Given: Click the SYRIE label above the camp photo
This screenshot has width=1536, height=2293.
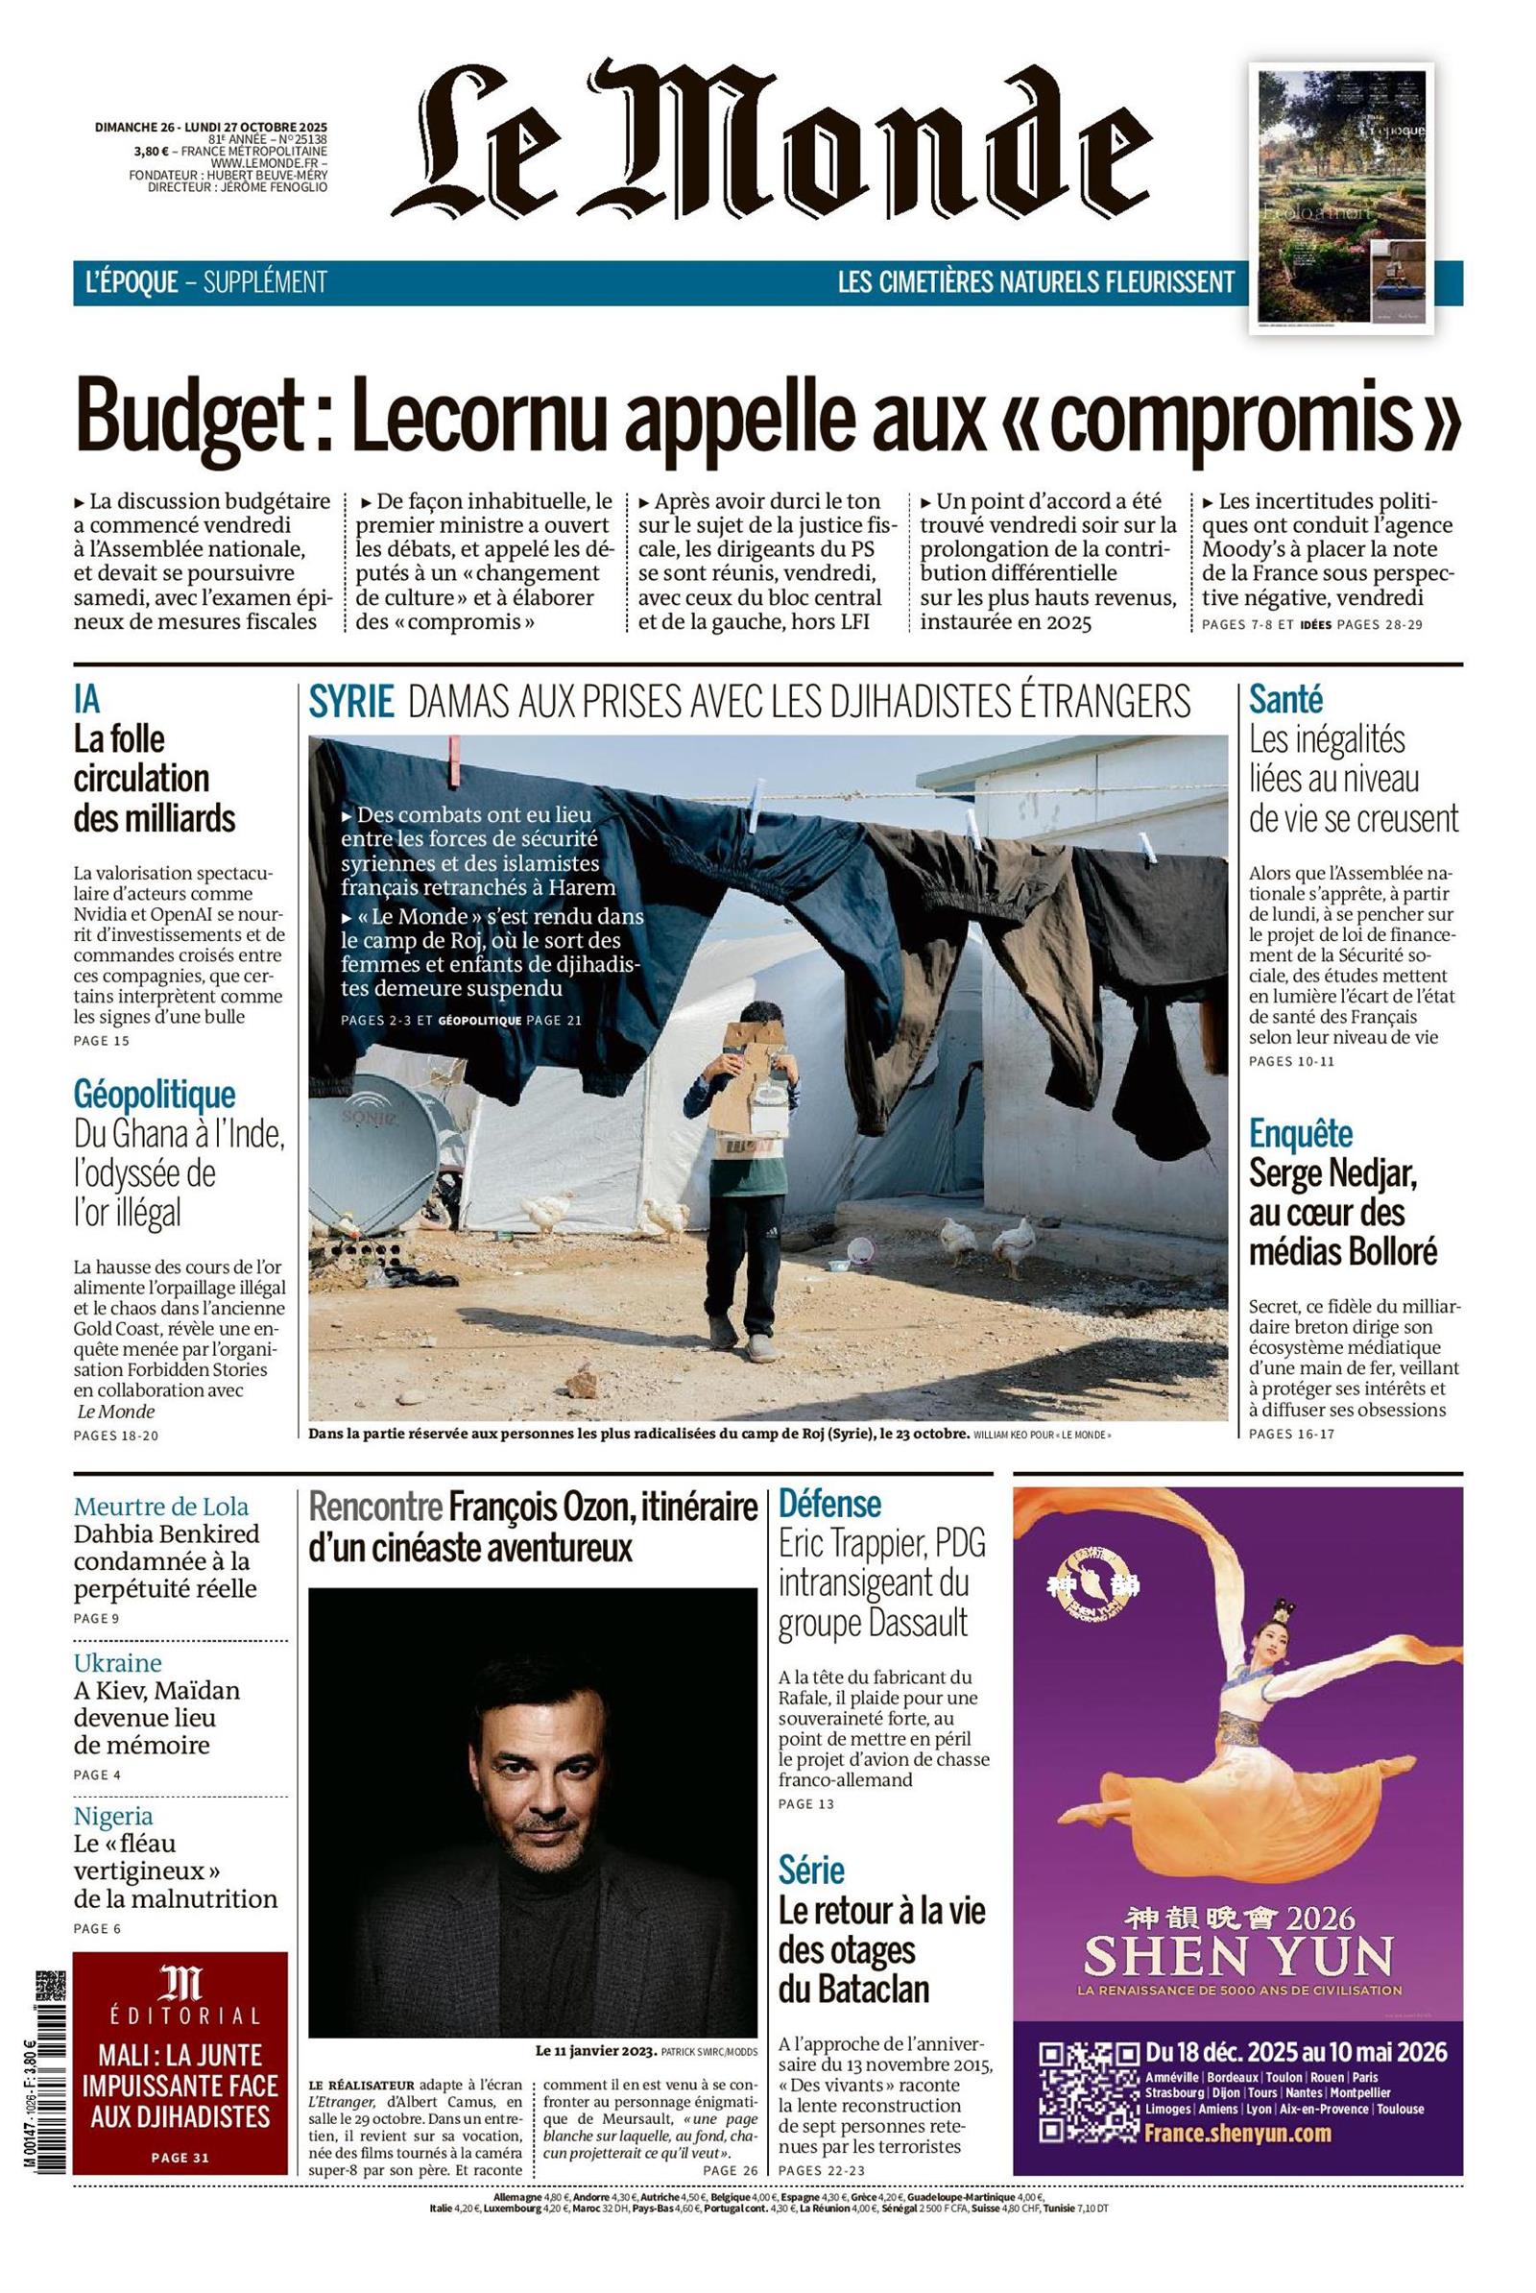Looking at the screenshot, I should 351,702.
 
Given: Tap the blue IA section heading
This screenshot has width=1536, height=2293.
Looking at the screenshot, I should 86,700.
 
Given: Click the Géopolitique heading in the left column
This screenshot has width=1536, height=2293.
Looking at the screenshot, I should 154,1094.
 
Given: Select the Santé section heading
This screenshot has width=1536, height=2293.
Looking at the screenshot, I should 1285,700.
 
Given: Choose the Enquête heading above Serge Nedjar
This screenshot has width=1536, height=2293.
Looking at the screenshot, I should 1300,1134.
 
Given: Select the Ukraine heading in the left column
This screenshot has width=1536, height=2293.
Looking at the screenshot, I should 117,1663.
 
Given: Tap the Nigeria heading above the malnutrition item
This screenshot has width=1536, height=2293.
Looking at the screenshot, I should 113,1816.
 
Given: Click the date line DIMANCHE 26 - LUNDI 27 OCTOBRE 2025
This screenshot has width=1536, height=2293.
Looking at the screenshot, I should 210,127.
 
